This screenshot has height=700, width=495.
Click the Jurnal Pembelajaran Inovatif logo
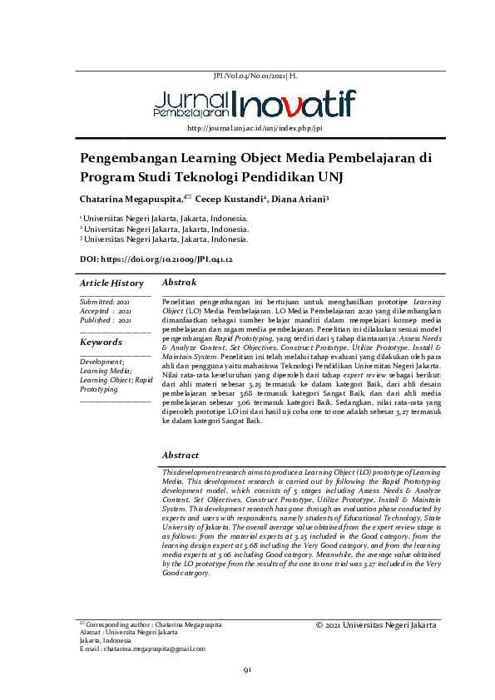pyautogui.click(x=254, y=102)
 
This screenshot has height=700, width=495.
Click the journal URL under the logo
pyautogui.click(x=255, y=129)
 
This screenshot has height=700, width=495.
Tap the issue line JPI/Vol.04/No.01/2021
pyautogui.click(x=255, y=75)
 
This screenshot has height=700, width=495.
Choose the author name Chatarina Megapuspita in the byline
pyautogui.click(x=131, y=200)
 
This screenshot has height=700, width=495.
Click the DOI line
pyautogui.click(x=155, y=260)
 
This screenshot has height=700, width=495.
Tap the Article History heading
pyautogui.click(x=111, y=283)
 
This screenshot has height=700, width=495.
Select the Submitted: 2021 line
pyautogui.click(x=105, y=301)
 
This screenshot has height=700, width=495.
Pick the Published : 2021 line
pyautogui.click(x=106, y=319)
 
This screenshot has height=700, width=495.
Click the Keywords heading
pyautogui.click(x=101, y=342)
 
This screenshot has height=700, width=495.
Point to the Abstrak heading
pyautogui.click(x=179, y=283)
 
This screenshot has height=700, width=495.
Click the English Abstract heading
pyautogui.click(x=181, y=455)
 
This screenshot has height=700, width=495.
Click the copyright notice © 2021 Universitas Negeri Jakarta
pyautogui.click(x=376, y=624)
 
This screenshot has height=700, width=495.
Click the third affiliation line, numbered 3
pyautogui.click(x=164, y=239)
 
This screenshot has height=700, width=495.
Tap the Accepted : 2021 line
pyautogui.click(x=105, y=310)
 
